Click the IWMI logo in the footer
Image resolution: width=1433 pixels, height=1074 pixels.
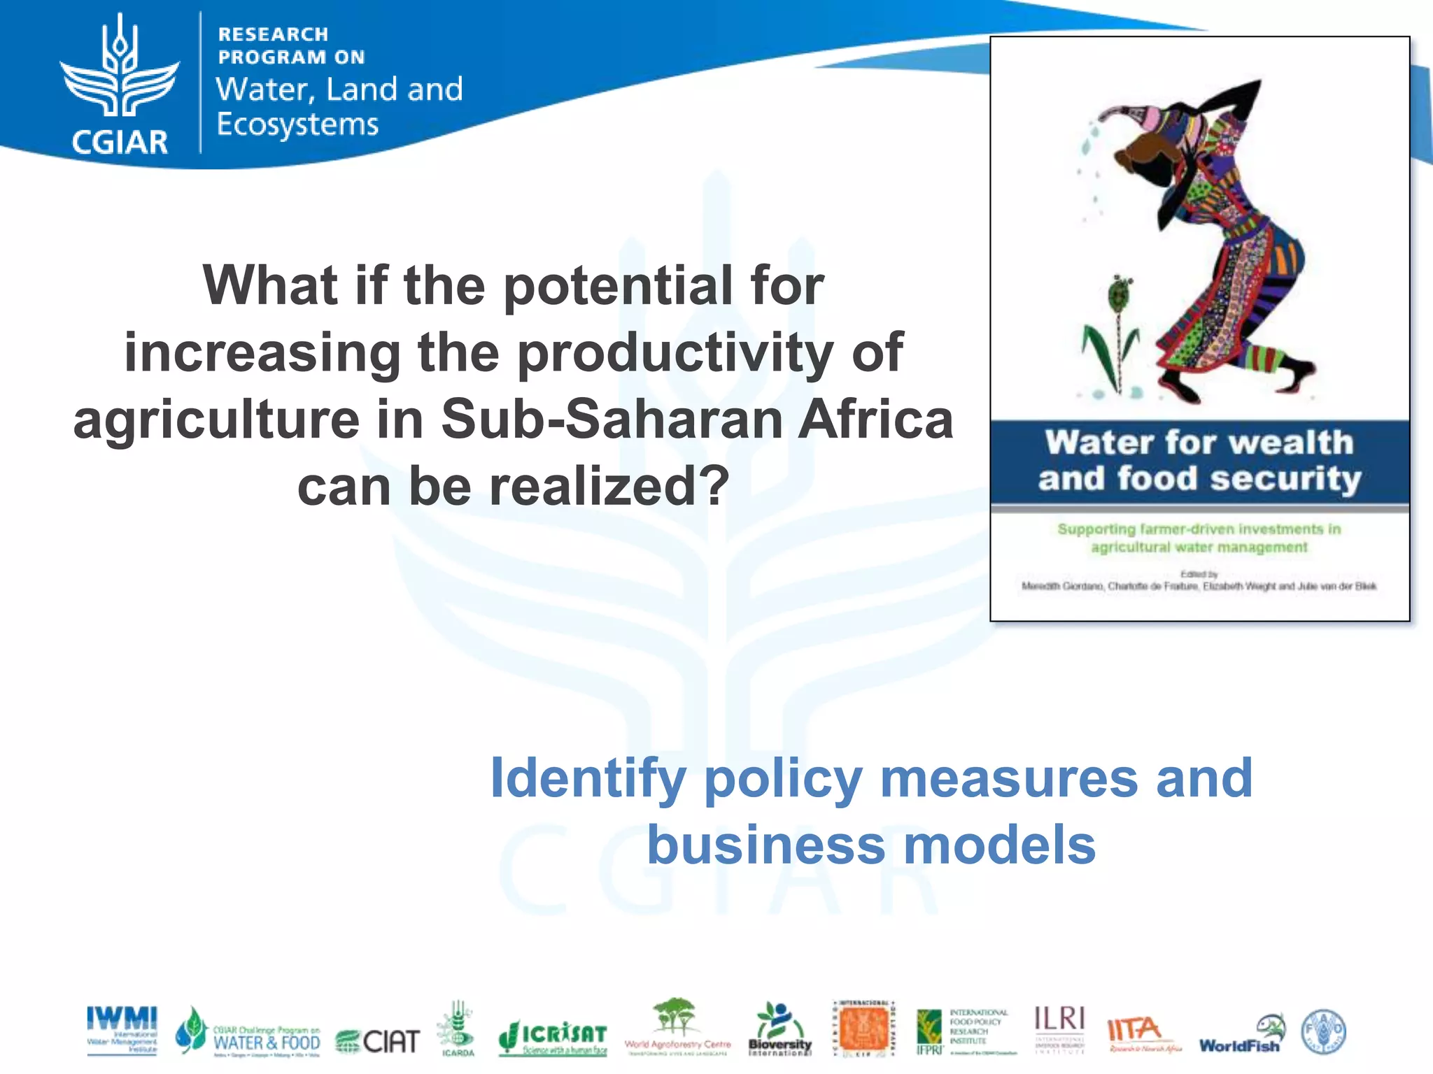point(122,1029)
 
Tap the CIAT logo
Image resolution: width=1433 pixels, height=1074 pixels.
point(378,1041)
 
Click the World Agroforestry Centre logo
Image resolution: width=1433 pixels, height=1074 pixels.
point(677,1026)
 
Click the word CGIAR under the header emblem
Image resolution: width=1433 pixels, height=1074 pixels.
point(120,142)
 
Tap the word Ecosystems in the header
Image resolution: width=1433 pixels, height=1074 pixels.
point(297,124)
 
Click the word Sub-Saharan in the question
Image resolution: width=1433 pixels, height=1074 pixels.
point(612,420)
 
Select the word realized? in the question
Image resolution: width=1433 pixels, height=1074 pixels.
point(608,486)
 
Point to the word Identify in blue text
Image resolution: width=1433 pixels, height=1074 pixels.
point(588,778)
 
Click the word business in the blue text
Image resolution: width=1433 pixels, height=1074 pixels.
point(766,845)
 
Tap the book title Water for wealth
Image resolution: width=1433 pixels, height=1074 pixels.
point(1199,443)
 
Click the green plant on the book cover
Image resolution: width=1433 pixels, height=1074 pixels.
point(1114,336)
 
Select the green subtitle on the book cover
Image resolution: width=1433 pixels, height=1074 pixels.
point(1199,538)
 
